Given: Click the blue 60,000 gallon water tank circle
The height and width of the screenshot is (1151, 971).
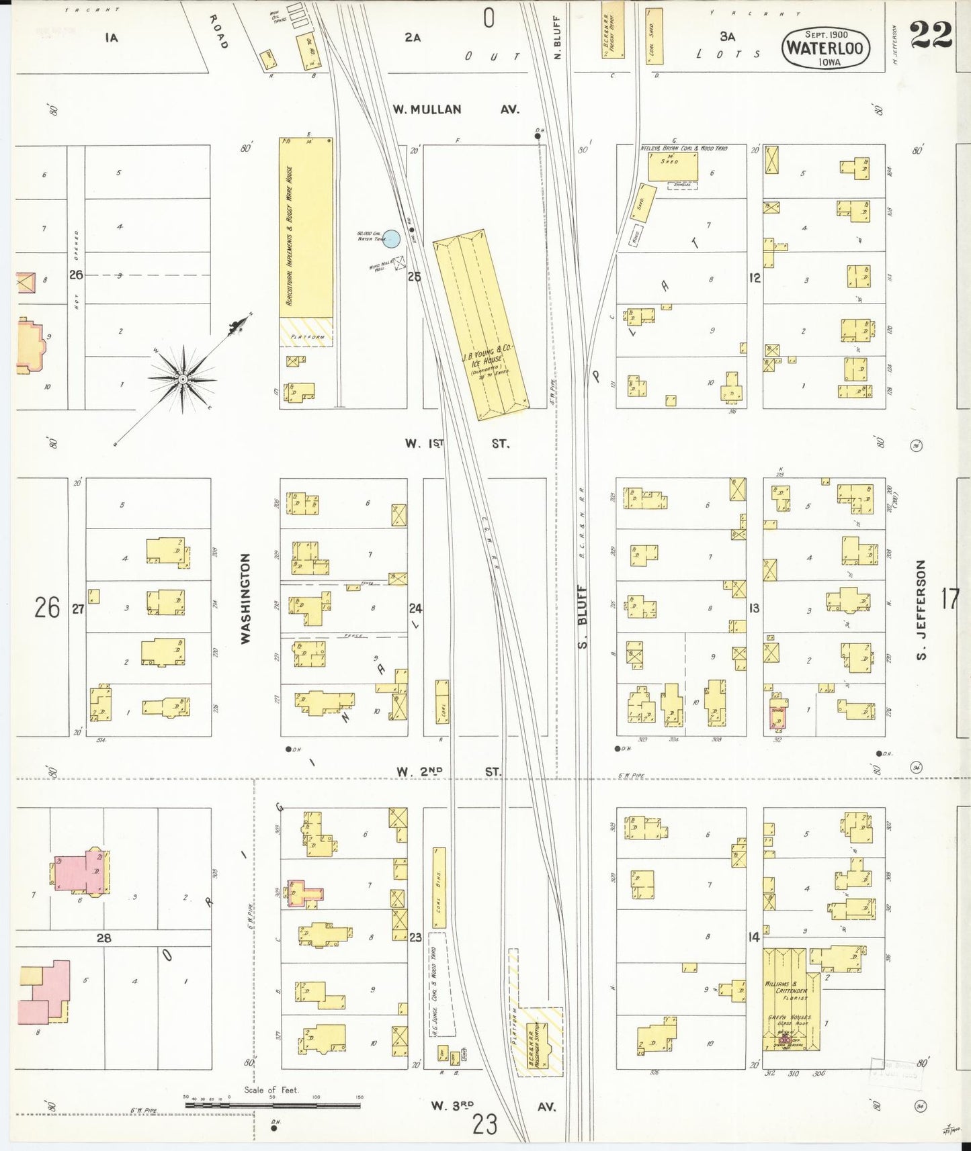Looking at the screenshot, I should pyautogui.click(x=392, y=238).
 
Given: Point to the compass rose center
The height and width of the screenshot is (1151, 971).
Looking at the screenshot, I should pyautogui.click(x=183, y=379).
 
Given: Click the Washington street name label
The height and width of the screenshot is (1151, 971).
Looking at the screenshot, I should pyautogui.click(x=246, y=598).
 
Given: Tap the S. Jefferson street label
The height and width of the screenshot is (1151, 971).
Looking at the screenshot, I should pyautogui.click(x=921, y=610).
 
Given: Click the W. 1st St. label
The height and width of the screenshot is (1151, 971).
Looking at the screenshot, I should pyautogui.click(x=457, y=443).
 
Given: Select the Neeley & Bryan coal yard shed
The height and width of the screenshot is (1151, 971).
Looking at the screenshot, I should pyautogui.click(x=673, y=166).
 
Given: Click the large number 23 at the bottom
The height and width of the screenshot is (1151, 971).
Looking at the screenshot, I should pyautogui.click(x=484, y=1123).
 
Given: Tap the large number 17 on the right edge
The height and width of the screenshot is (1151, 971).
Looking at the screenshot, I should pyautogui.click(x=949, y=598).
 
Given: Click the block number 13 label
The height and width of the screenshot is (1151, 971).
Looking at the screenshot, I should pyautogui.click(x=754, y=608).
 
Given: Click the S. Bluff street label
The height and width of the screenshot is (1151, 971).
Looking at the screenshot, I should pyautogui.click(x=582, y=616).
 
